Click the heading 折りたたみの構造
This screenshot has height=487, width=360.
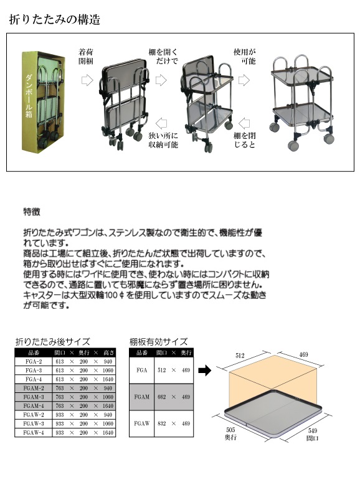55,19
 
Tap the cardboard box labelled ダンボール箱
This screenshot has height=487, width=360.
43,102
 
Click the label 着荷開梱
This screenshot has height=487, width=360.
85,56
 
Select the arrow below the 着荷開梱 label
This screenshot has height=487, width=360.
87,80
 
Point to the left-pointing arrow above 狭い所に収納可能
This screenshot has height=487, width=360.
161,123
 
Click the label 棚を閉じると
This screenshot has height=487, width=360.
244,139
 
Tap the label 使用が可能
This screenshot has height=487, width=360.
244,56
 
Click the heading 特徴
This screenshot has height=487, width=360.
32,212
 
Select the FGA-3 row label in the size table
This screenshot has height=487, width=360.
34,370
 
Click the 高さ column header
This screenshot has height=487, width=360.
109,352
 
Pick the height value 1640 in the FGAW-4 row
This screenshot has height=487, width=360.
108,433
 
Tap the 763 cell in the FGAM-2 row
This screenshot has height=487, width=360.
60,388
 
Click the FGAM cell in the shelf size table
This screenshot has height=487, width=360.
141,397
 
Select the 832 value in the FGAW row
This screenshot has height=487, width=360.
161,423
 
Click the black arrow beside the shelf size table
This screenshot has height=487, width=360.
205,370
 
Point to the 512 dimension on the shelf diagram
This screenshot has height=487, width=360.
240,356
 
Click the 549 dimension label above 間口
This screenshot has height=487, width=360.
313,430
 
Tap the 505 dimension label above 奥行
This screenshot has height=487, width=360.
230,430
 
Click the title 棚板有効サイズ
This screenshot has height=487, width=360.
158,342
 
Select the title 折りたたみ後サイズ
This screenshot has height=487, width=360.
52,342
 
